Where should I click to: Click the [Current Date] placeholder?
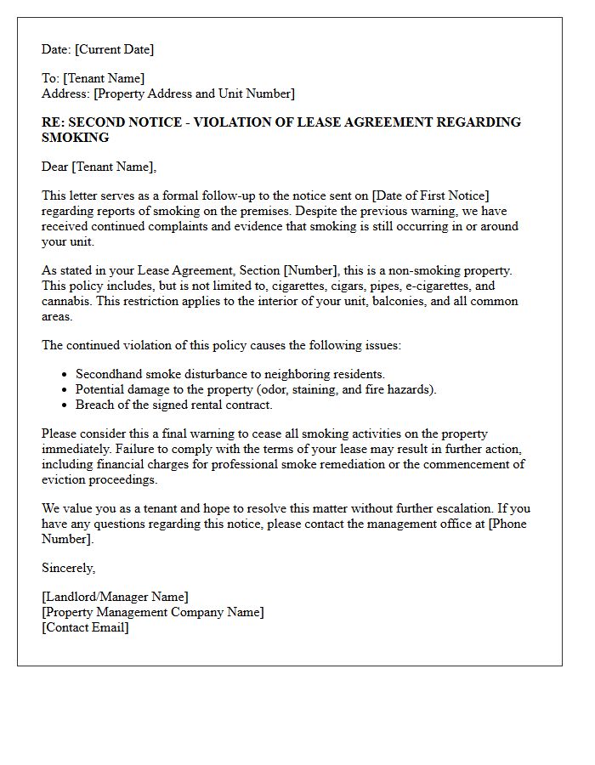pyautogui.click(x=115, y=49)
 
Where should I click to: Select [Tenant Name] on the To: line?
pyautogui.click(x=104, y=78)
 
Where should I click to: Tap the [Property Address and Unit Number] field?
pyautogui.click(x=195, y=93)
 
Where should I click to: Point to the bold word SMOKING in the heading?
pyautogui.click(x=76, y=138)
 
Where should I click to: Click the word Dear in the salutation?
pyautogui.click(x=55, y=167)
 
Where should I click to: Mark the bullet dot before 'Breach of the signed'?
pyautogui.click(x=65, y=405)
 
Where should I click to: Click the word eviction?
pyautogui.click(x=65, y=479)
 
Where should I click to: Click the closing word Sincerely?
pyautogui.click(x=68, y=568)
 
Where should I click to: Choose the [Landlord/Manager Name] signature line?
pyautogui.click(x=115, y=597)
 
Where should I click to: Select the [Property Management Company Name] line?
pyautogui.click(x=152, y=612)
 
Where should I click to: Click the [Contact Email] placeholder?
pyautogui.click(x=85, y=627)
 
